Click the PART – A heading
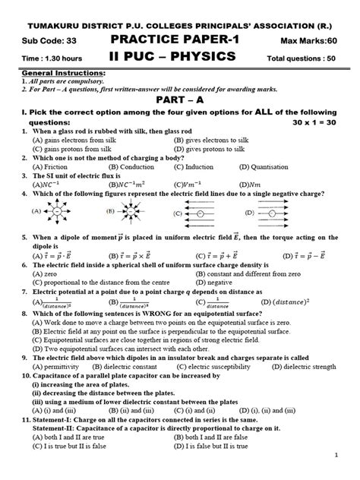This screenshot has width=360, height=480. coord(179,99)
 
